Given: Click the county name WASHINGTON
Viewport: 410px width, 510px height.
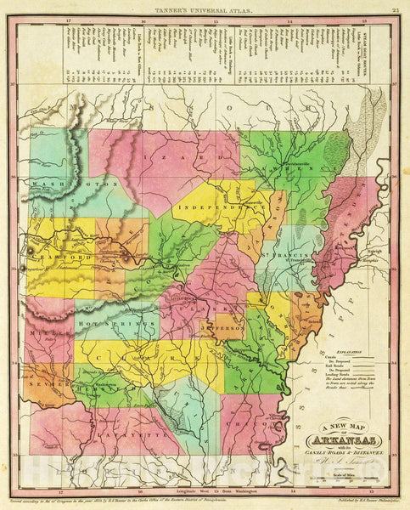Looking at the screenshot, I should [x=72, y=183].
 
